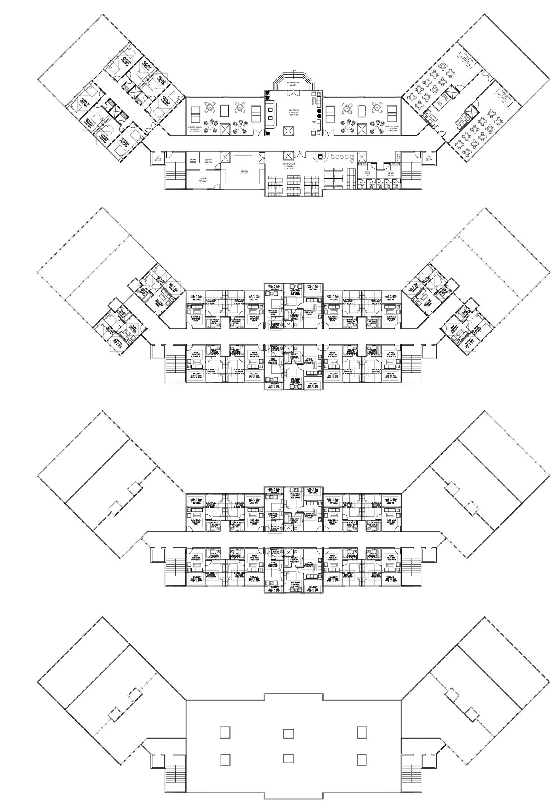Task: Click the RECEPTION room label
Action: coord(294,111)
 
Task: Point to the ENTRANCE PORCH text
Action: coord(294,82)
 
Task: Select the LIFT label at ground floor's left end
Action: coord(158,157)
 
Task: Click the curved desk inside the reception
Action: coord(271,114)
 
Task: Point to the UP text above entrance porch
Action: coord(294,70)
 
